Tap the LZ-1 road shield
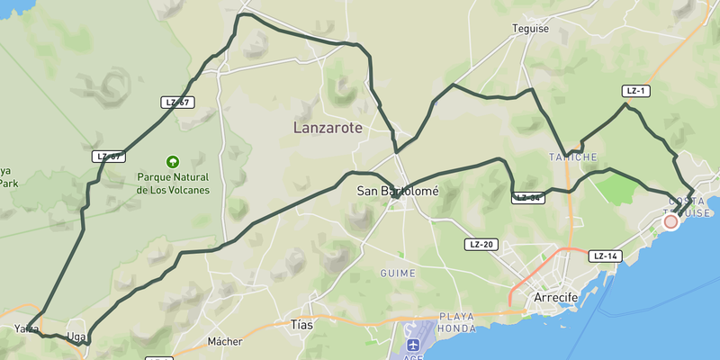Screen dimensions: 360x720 click(636, 91)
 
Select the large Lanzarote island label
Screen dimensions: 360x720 click(328, 128)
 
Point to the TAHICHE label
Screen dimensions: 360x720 click(573, 157)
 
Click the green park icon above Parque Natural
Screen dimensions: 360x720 click(172, 162)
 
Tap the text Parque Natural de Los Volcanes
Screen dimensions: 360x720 click(173, 184)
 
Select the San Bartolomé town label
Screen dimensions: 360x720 click(397, 191)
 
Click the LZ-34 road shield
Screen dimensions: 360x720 click(528, 198)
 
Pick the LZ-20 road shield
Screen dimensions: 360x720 click(481, 245)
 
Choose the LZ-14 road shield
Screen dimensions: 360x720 click(607, 256)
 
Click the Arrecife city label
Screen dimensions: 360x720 click(555, 298)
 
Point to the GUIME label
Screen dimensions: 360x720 click(398, 273)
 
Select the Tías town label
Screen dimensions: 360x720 click(301, 324)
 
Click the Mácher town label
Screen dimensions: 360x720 click(225, 341)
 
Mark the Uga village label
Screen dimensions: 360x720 click(76, 337)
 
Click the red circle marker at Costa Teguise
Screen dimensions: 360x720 click(670, 221)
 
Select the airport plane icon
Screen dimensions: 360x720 click(413, 346)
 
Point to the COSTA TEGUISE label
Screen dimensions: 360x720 click(686, 205)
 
